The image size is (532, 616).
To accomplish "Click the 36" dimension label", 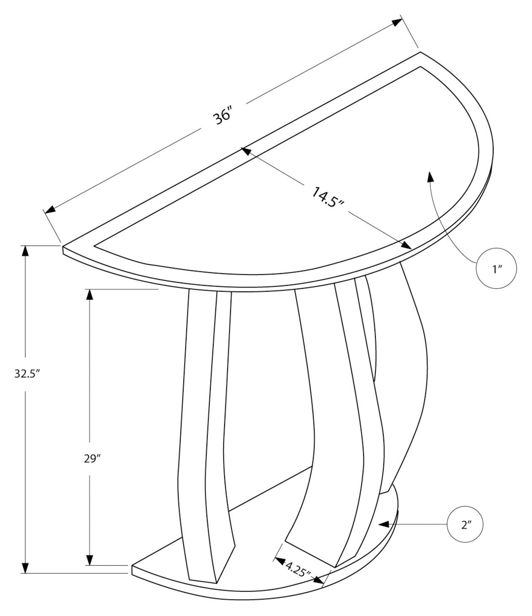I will [223, 117].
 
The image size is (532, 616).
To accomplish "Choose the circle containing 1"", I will [496, 269].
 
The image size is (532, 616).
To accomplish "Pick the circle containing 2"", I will [466, 524].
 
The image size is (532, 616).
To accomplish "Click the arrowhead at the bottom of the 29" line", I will [90, 560].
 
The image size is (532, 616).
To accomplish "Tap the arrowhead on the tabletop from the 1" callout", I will [430, 176].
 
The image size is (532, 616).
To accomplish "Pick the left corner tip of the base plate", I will [133, 566].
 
